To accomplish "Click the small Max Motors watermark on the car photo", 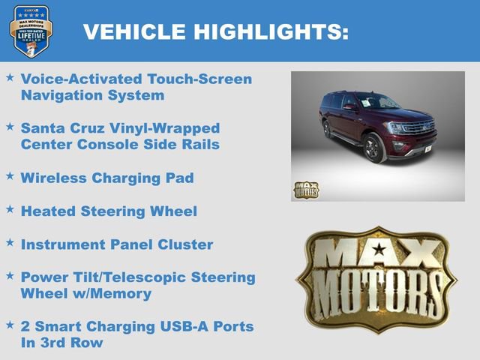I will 305,189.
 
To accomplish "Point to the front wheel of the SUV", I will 373,148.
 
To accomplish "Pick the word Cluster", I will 186,244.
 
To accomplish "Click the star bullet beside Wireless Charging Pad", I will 10,175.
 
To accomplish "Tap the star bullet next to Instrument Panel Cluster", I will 10,242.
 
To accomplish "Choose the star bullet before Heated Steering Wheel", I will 10,209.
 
